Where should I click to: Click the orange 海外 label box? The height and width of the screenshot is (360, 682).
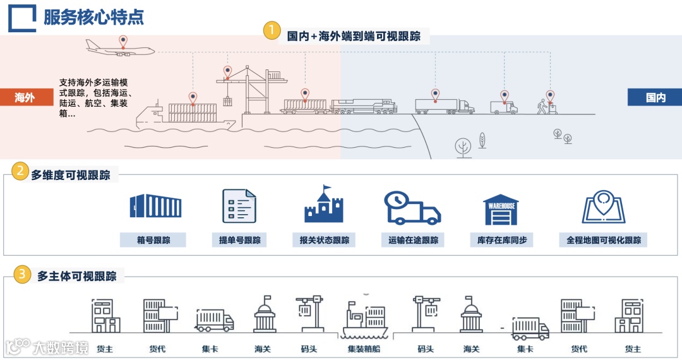pos(25,97)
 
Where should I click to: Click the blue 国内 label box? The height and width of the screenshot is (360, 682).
pos(655,97)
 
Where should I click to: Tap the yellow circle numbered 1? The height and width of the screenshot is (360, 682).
pos(272,31)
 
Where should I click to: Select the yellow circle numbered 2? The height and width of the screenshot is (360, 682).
pos(21,171)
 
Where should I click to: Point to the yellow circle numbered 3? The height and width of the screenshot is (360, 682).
pos(22,275)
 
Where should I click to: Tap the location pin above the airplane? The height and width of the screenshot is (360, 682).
pos(123,41)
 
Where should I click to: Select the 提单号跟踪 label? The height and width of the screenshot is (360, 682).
pos(239,241)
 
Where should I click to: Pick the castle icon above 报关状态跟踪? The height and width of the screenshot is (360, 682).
pos(324,205)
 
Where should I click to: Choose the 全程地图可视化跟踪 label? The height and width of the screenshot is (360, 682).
pos(604,241)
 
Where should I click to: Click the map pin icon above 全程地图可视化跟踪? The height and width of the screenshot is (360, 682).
pos(604,207)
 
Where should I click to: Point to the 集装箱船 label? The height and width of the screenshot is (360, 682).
pos(364,349)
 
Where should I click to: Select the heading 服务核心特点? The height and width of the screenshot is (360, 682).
pos(93,17)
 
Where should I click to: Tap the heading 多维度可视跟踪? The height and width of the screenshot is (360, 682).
pos(71,175)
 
